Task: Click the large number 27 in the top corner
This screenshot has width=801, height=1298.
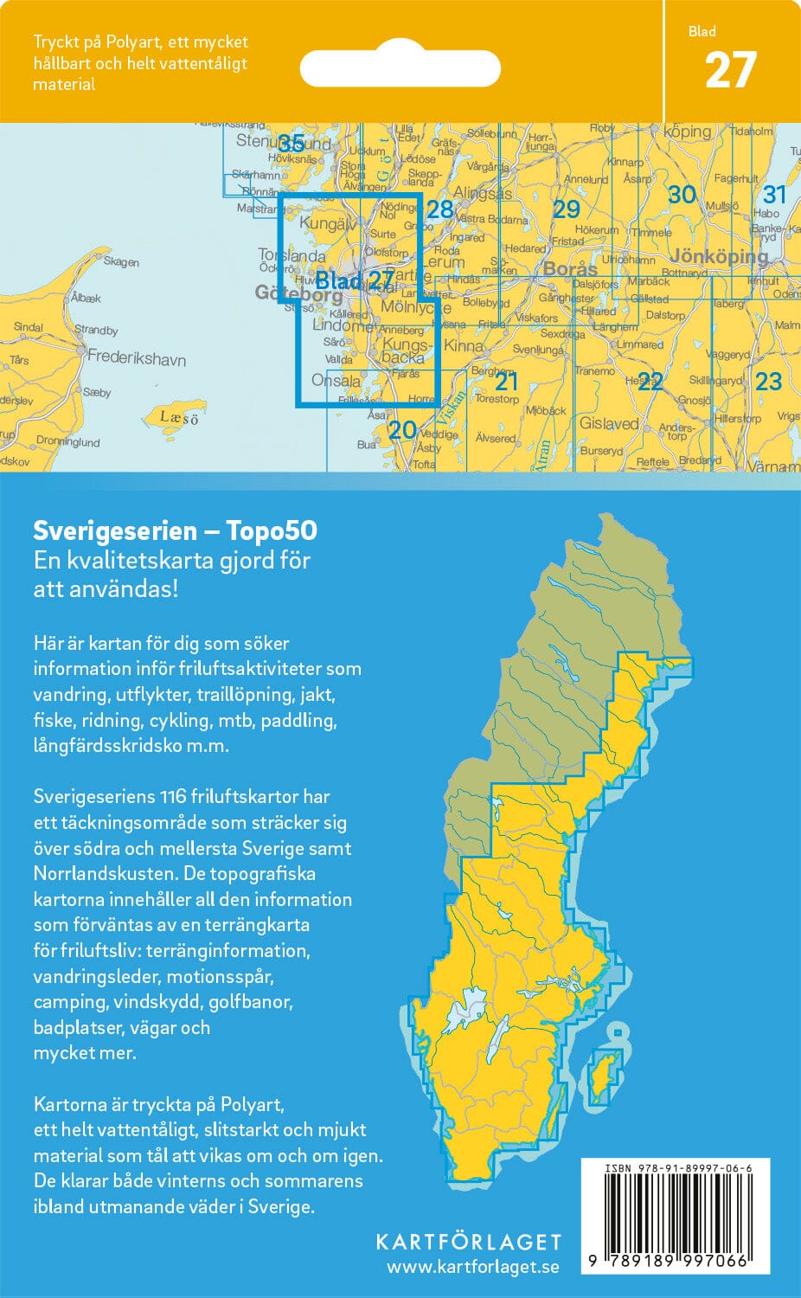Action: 730,71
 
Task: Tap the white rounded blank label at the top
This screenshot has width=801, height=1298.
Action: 400,67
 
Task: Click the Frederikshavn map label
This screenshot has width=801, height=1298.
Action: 136,358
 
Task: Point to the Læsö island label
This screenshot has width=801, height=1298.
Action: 179,418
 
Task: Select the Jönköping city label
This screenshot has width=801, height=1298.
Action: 718,257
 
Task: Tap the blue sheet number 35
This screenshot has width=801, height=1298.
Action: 292,145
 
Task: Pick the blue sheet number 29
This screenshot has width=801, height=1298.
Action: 566,209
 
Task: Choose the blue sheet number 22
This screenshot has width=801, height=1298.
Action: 650,382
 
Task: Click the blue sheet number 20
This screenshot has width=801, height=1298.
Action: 402,429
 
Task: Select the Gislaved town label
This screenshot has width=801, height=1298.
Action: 608,424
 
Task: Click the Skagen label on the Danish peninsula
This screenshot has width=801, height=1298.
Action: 121,262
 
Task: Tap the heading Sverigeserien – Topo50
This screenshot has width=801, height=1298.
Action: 175,530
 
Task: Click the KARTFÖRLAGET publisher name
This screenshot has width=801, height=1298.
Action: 468,1242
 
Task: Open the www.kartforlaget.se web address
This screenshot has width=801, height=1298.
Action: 472,1268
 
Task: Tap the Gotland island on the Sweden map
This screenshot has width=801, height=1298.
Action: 605,1074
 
